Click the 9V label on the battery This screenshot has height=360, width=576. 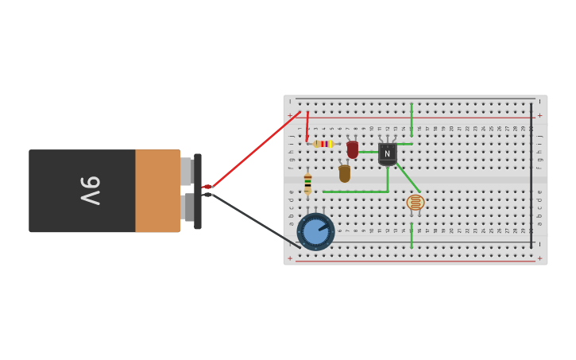(90, 191)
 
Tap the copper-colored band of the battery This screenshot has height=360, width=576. (157, 191)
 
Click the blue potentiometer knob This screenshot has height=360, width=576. (315, 232)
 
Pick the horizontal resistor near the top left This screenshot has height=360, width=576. (323, 144)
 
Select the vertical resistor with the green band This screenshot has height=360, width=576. (307, 184)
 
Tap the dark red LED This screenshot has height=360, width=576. (352, 149)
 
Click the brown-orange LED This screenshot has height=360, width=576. (344, 173)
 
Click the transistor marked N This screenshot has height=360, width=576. (387, 153)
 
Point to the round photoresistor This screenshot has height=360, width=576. (415, 203)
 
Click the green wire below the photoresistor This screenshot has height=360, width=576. (412, 235)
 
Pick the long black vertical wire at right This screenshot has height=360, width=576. (532, 175)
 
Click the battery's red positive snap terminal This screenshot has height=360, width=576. (207, 187)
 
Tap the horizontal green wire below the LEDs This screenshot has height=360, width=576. (354, 192)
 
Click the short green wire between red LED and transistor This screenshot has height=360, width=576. (368, 152)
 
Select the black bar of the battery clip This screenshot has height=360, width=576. (198, 191)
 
